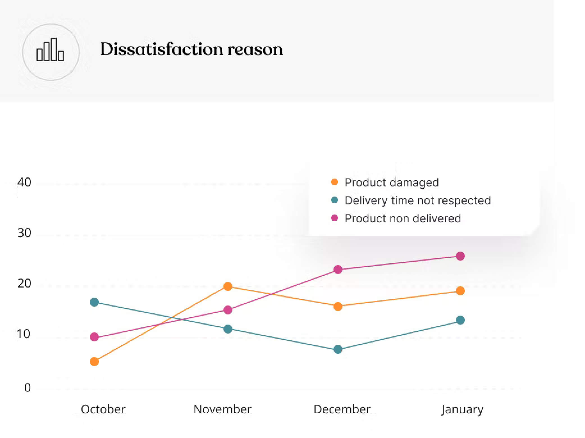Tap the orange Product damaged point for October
point(94,362)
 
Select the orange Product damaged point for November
point(228,286)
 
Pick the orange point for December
point(338,306)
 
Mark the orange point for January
point(460,291)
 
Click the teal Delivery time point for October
point(94,302)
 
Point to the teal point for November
point(228,329)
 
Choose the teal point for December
point(338,350)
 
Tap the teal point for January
point(460,320)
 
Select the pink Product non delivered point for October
point(94,337)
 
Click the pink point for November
point(228,310)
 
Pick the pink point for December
point(338,270)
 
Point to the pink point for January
point(460,256)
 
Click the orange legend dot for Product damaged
point(335,182)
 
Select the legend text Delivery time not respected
point(417,200)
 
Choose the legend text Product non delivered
point(403,218)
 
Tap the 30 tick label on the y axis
point(24,233)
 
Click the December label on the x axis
point(342,409)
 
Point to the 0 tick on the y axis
point(27,388)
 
